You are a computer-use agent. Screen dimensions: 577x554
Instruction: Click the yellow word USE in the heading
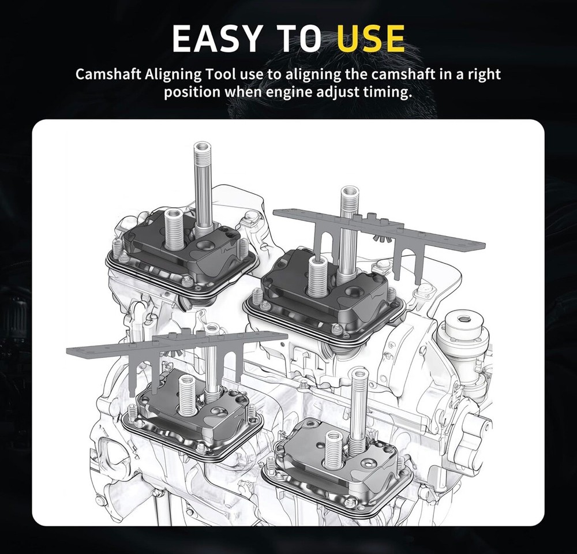(x=370, y=38)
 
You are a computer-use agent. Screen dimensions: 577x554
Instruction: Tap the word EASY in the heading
(x=216, y=38)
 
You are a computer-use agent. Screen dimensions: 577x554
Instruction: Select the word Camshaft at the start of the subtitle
(x=108, y=74)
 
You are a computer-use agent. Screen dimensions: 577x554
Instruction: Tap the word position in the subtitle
(x=192, y=92)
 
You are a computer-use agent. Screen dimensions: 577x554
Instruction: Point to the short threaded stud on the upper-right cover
(x=316, y=276)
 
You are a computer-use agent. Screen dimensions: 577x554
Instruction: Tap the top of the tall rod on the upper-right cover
(x=347, y=192)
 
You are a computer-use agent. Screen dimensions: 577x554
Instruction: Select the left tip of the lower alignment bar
(x=68, y=350)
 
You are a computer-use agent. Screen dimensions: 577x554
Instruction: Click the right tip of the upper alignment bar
(x=484, y=245)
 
